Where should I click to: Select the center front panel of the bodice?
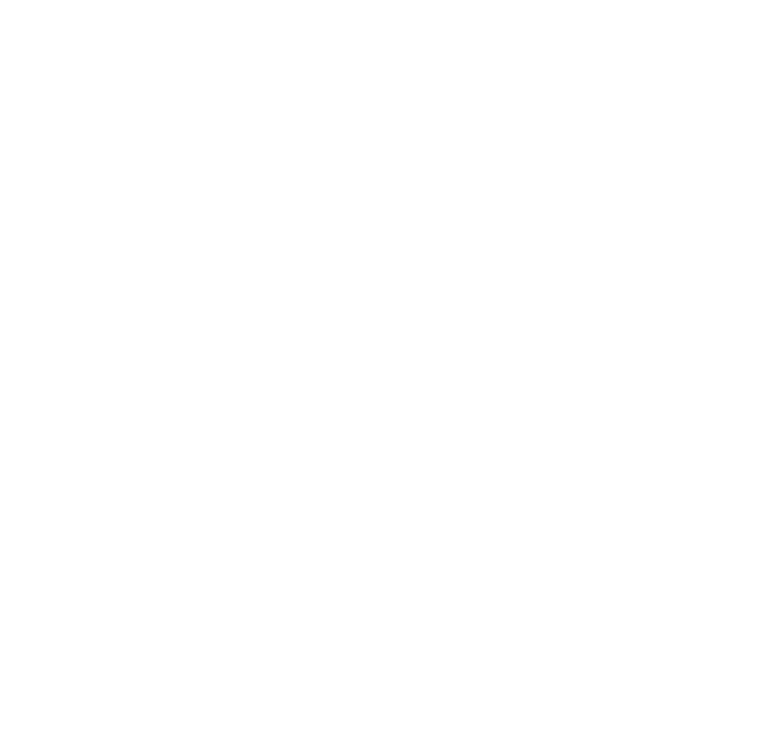[x=418, y=459]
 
